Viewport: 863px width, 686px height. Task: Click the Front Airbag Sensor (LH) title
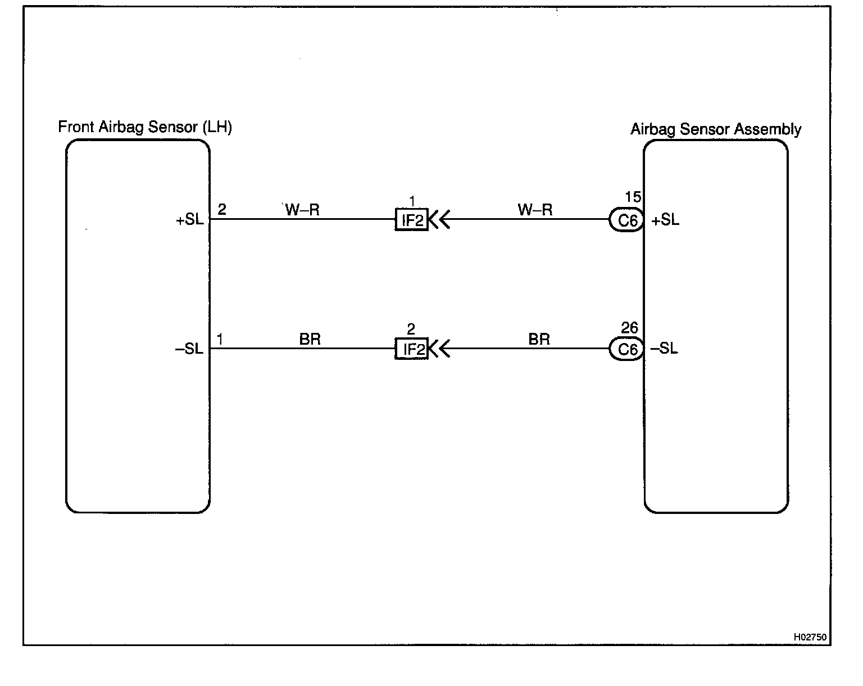point(145,127)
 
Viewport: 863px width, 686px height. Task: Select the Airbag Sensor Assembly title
point(715,129)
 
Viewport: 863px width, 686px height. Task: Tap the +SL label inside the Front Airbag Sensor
point(190,220)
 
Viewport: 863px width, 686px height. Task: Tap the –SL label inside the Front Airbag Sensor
point(189,349)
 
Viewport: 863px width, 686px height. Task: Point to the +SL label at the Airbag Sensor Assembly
point(665,220)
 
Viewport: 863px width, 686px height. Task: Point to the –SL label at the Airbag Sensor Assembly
point(664,349)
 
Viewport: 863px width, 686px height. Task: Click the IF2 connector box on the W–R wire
point(412,220)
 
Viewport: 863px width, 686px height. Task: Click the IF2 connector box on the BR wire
point(412,350)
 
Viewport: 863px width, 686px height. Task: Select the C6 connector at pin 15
point(627,220)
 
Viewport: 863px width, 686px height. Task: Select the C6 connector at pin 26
point(627,350)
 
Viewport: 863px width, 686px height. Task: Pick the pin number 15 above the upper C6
point(633,197)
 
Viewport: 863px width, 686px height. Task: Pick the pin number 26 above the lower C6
point(629,327)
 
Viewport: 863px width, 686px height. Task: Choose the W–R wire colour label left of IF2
point(302,210)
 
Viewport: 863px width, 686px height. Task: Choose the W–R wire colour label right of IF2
point(535,210)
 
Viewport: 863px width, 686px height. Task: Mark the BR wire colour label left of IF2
point(310,339)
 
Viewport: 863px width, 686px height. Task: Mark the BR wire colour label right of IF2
point(539,339)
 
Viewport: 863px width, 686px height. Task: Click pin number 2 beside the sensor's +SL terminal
point(222,210)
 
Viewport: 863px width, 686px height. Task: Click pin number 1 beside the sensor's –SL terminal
point(220,339)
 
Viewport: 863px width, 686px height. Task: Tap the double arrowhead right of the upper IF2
point(439,219)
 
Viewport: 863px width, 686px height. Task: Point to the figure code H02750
point(810,637)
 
